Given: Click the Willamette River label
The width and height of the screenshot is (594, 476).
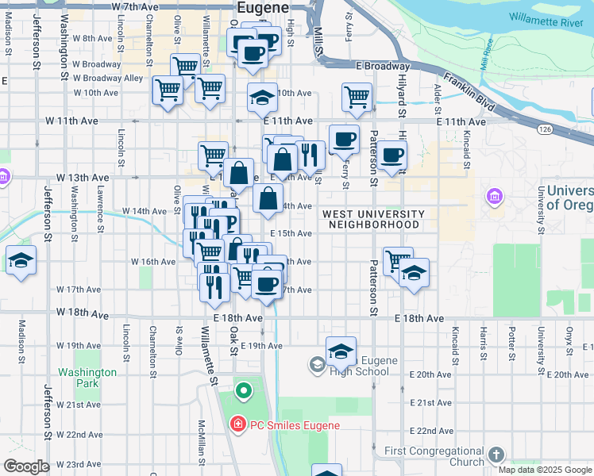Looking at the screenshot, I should pos(546,19).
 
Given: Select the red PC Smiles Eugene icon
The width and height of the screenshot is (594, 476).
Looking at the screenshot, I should pos(237,425).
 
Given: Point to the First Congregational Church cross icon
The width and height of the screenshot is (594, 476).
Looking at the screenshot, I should pos(496,455).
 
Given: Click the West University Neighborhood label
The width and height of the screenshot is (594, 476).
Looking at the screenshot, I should pos(371,220).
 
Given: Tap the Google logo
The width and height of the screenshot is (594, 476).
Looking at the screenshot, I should pos(26,466).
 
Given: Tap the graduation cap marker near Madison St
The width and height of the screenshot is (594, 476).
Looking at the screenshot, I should pos(21,260).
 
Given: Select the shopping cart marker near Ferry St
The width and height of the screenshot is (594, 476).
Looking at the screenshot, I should pos(357,97).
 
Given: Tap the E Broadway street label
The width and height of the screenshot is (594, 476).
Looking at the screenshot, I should pos(384,67).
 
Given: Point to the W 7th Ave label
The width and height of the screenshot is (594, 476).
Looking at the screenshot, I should pos(136,6).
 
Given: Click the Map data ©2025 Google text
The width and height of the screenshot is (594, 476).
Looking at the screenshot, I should pos(546,470).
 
